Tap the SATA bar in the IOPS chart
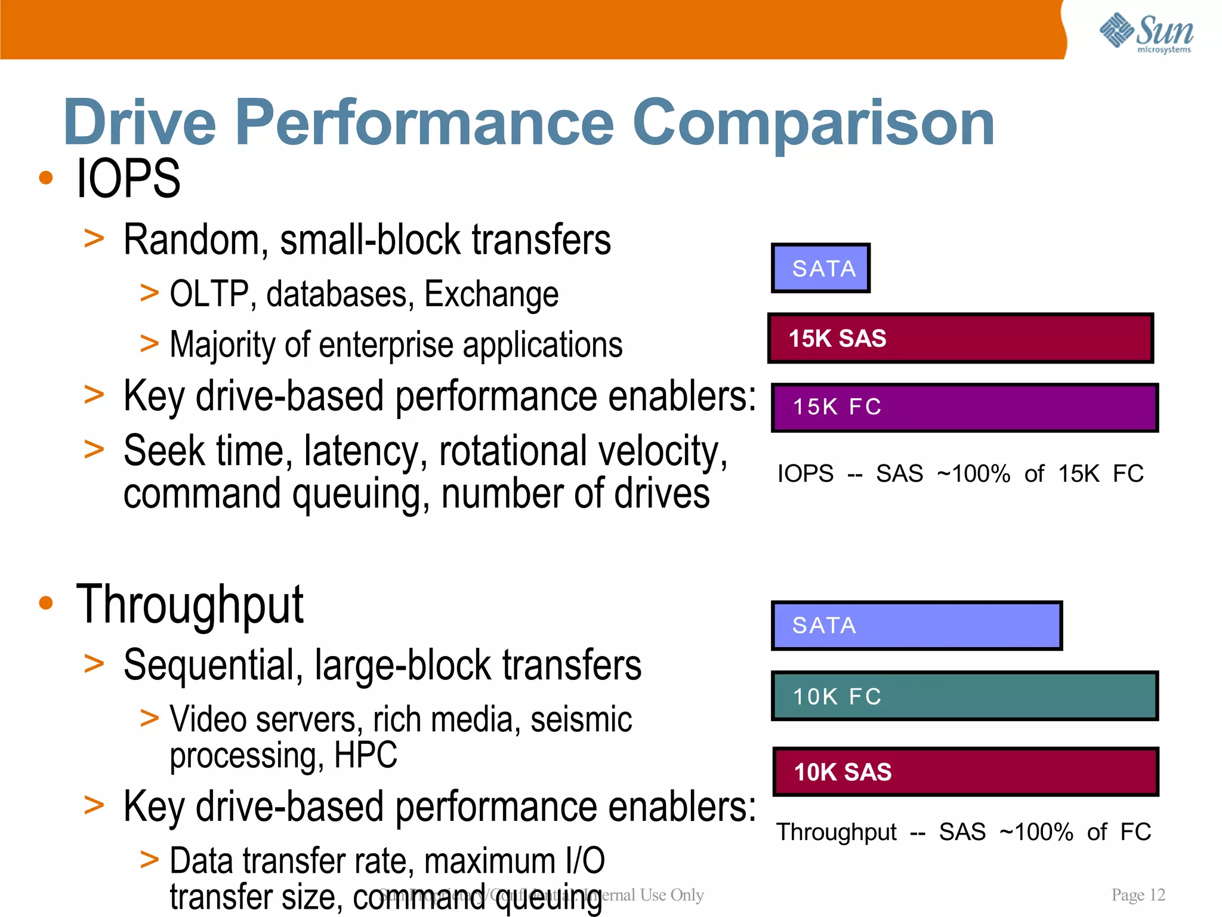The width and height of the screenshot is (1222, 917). [x=820, y=268]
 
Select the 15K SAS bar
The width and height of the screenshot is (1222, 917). [x=960, y=338]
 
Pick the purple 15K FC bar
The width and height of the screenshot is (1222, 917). [x=964, y=407]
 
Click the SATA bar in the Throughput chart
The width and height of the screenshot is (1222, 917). [x=916, y=625]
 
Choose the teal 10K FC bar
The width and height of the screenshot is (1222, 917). [x=964, y=696]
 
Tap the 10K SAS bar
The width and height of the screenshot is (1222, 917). [x=965, y=771]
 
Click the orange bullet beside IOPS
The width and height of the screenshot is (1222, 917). [x=46, y=178]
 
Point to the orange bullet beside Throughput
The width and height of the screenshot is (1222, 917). [x=46, y=603]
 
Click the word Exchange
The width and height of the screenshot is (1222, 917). [x=491, y=294]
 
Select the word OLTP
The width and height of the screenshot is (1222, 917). [x=208, y=294]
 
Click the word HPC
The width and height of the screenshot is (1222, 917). [x=365, y=755]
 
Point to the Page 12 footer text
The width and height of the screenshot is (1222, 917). [x=1138, y=894]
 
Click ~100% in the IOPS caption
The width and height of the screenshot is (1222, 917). [x=973, y=474]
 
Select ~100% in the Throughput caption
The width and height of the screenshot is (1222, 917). [x=1036, y=832]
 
